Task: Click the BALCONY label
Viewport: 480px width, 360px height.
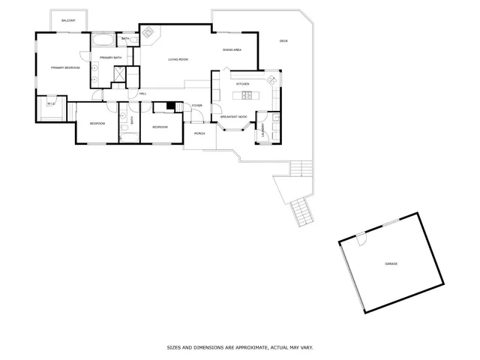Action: (68, 21)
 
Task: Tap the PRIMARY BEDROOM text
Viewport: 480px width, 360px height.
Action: (65, 68)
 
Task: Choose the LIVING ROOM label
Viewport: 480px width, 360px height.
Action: (178, 58)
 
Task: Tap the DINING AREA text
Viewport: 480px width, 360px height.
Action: (232, 50)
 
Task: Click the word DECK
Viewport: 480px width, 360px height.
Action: (283, 40)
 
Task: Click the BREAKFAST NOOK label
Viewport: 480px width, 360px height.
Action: (234, 117)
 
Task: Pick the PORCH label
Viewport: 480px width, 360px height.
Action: (199, 133)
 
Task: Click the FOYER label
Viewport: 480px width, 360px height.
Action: (197, 106)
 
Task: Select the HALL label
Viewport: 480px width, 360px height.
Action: (142, 94)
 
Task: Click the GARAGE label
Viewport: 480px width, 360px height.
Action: (391, 265)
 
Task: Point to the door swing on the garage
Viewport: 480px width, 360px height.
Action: (361, 239)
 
